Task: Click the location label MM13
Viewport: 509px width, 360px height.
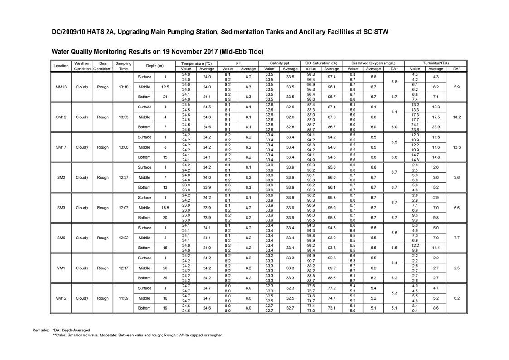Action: pyautogui.click(x=61, y=87)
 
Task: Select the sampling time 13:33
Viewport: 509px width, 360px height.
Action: pyautogui.click(x=123, y=117)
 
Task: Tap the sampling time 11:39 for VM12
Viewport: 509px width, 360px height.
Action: pyautogui.click(x=123, y=298)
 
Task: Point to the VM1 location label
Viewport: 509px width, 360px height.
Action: pyautogui.click(x=61, y=268)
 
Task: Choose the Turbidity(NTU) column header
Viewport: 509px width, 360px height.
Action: pyautogui.click(x=436, y=63)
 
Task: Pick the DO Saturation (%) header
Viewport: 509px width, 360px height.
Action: pyautogui.click(x=321, y=63)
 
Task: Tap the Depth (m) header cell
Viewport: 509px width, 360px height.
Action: pyautogui.click(x=155, y=66)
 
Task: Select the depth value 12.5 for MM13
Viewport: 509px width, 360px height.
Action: pyautogui.click(x=165, y=87)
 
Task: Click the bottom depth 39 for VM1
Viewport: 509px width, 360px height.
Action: pyautogui.click(x=165, y=278)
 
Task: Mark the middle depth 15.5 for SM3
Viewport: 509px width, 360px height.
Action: pyautogui.click(x=165, y=208)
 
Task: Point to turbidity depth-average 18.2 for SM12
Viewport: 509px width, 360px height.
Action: pyautogui.click(x=456, y=117)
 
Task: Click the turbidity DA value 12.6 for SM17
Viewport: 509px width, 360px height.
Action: pyautogui.click(x=456, y=147)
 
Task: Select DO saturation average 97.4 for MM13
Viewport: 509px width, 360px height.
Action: pyautogui.click(x=332, y=77)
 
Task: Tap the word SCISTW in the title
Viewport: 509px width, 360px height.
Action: pyautogui.click(x=372, y=32)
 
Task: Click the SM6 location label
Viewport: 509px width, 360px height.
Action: pyautogui.click(x=61, y=238)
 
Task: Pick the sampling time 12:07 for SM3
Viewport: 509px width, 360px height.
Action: pyautogui.click(x=123, y=208)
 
